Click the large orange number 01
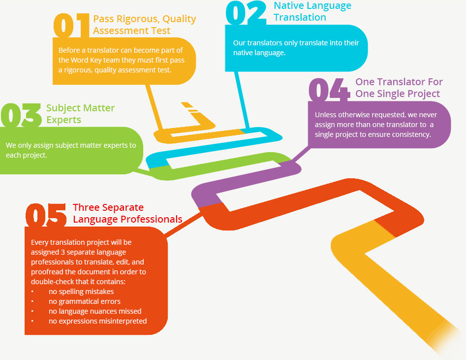click(x=71, y=26)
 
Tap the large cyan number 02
click(x=246, y=13)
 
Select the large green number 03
click(x=21, y=115)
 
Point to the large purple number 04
click(x=329, y=90)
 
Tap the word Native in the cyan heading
click(x=286, y=5)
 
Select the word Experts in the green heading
click(x=63, y=120)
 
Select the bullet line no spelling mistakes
click(x=81, y=292)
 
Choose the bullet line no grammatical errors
click(x=85, y=301)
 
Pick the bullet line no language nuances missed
click(x=95, y=311)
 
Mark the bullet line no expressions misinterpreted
click(x=97, y=321)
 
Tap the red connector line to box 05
click(x=184, y=225)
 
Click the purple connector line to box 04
click(x=301, y=155)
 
